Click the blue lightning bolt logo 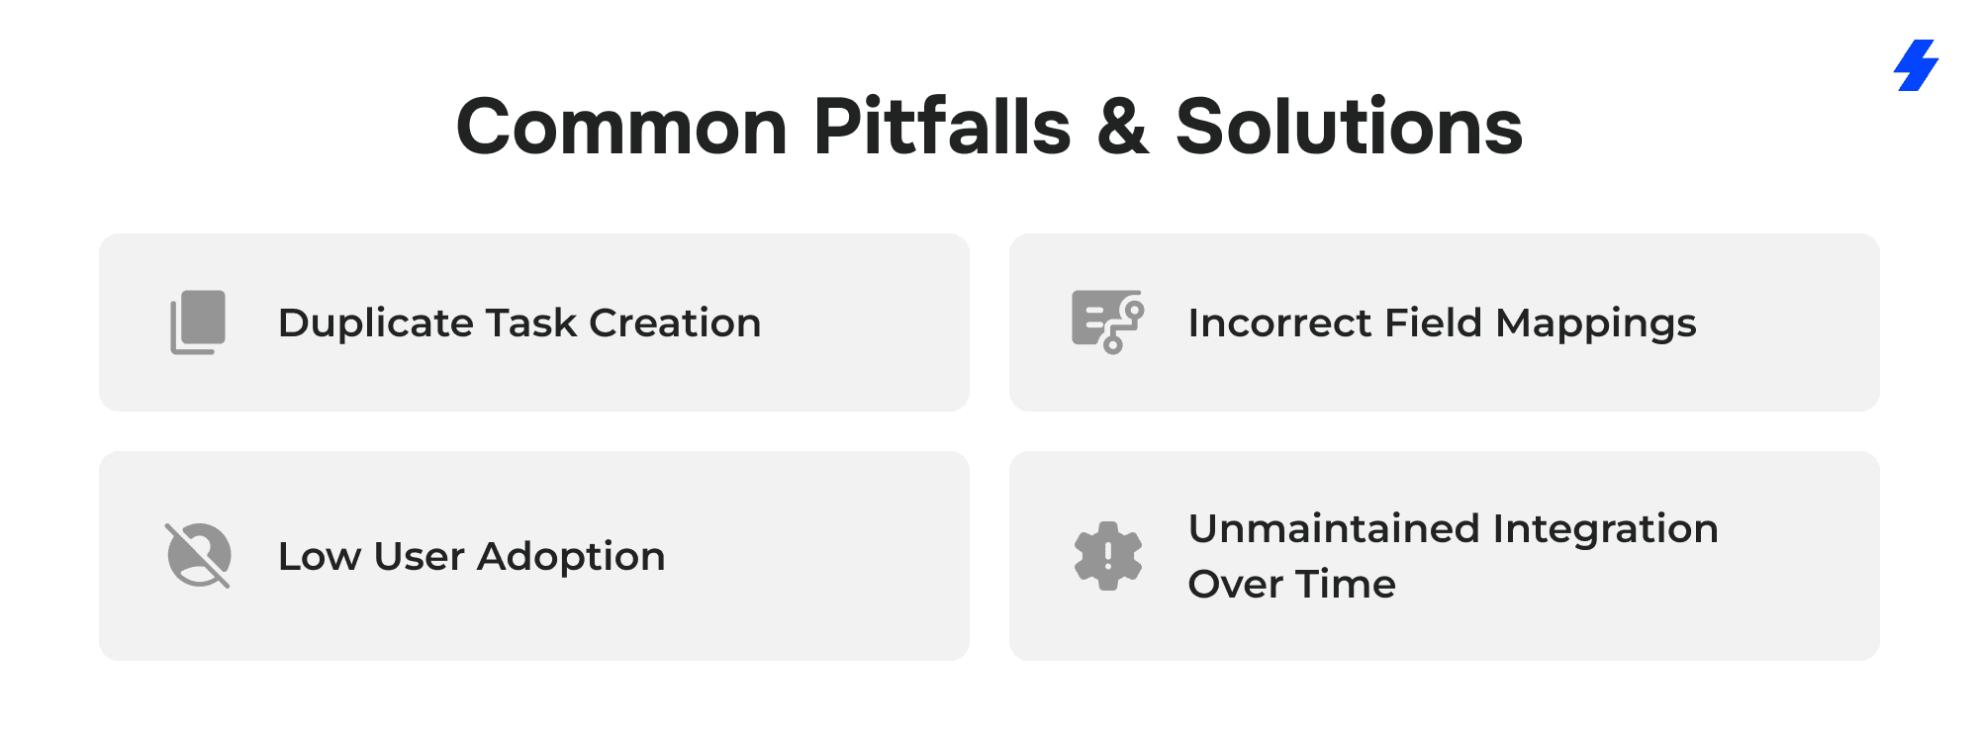[x=1916, y=65]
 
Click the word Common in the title [x=621, y=127]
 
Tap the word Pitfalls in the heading [x=942, y=126]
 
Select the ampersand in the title [x=1123, y=127]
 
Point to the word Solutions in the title [x=1349, y=127]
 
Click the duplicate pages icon [x=198, y=323]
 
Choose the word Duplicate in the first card [x=376, y=324]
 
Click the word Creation [x=675, y=323]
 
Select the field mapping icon [x=1108, y=322]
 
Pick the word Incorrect [x=1279, y=323]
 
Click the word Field [x=1433, y=323]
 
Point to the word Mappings [x=1595, y=324]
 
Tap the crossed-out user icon [x=198, y=555]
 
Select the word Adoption [x=571, y=557]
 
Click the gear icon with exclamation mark [x=1108, y=556]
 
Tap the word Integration [x=1605, y=529]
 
